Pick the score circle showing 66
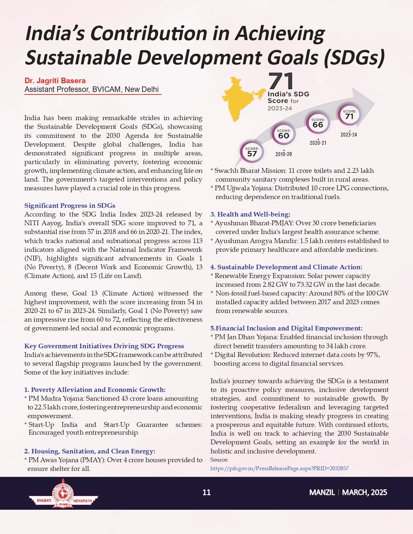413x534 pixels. pos(318,123)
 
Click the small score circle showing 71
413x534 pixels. pos(349,115)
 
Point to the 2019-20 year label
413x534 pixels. pos(283,154)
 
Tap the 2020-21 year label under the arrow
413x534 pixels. pos(318,143)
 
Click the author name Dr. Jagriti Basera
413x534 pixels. pos(55,81)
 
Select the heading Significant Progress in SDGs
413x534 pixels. pos(70,206)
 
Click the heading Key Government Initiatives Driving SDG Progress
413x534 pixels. pos(104,346)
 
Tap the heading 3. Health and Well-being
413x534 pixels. pos(250,214)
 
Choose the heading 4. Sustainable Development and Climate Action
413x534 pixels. pos(286,267)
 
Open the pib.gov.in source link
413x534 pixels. pos(279,468)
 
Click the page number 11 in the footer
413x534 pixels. pos(206,492)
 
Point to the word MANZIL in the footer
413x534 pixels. pos(322,492)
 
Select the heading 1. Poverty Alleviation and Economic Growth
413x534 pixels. pos(95,390)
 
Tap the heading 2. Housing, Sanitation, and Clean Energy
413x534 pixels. pos(90,451)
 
